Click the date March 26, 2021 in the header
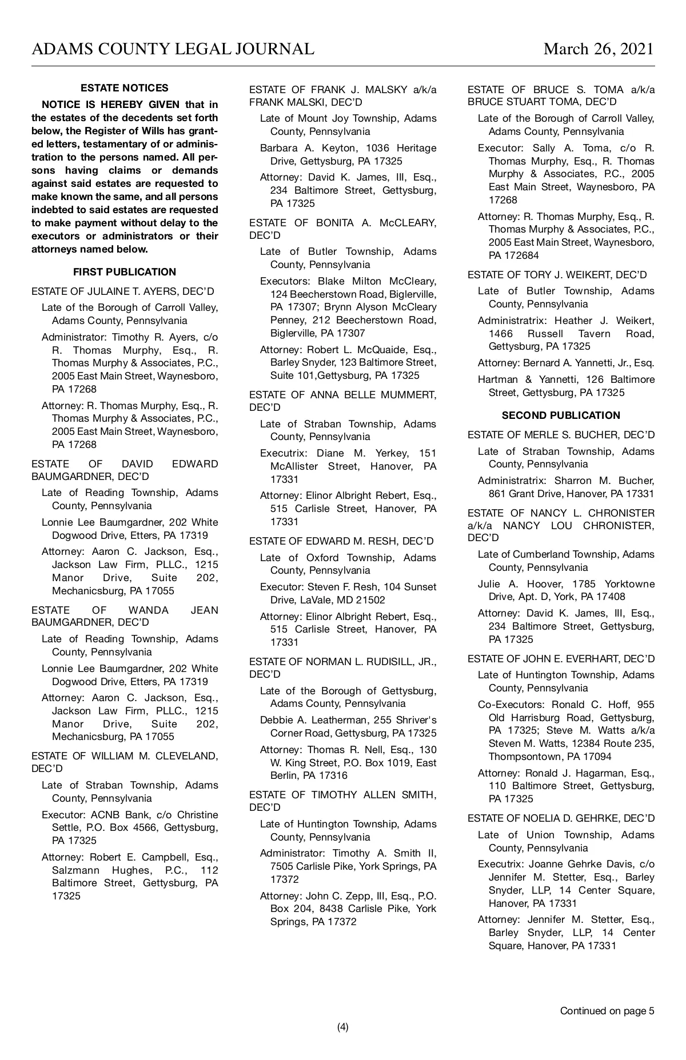(x=599, y=49)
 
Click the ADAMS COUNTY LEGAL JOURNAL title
(x=173, y=49)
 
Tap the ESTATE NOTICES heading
(x=125, y=88)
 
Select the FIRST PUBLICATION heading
(x=125, y=272)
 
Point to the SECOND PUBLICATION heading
(x=561, y=415)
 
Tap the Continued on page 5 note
(x=607, y=1010)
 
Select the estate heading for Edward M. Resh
(x=341, y=541)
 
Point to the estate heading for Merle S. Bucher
(x=561, y=435)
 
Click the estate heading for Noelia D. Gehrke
(x=561, y=818)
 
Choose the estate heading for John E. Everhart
(x=561, y=659)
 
